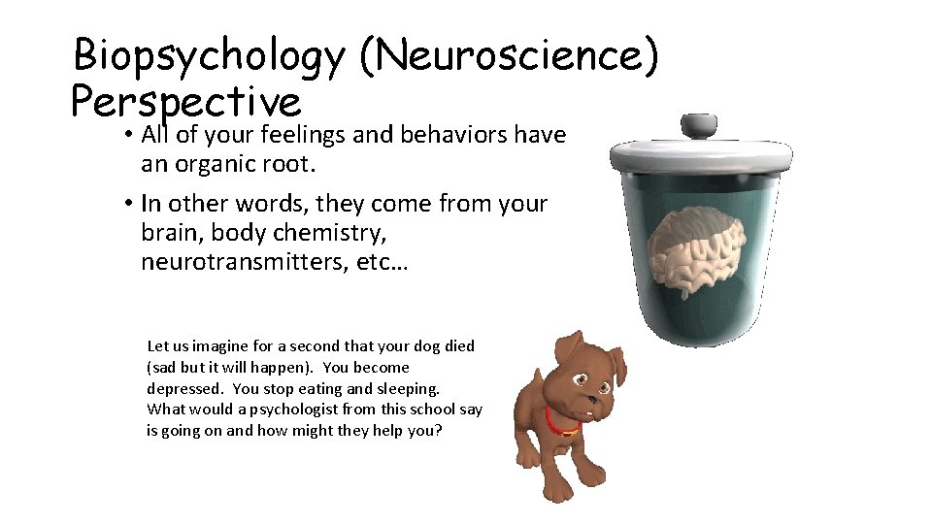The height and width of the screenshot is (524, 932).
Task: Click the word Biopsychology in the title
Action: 208,56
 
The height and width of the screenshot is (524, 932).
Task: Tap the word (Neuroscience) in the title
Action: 509,56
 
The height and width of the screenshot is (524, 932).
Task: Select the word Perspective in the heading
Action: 186,101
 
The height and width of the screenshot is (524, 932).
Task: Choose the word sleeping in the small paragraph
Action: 411,388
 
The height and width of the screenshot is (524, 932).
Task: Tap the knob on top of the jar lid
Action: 700,126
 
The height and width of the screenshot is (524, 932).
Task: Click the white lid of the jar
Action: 700,154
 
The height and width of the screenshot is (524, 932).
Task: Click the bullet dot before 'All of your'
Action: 127,134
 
